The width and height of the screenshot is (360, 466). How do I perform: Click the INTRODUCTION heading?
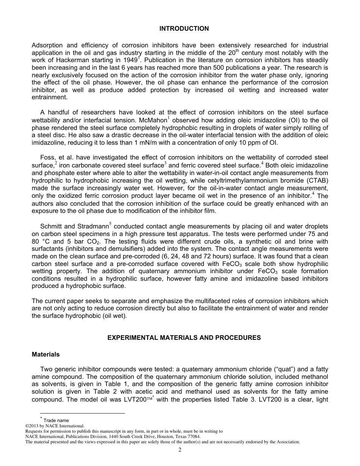pyautogui.click(x=184, y=29)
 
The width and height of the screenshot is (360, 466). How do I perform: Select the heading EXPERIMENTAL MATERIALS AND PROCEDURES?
pyautogui.click(x=184, y=338)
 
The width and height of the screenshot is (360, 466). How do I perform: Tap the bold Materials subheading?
pyautogui.click(x=45, y=355)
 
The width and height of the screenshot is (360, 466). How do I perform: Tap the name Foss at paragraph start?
pyautogui.click(x=47, y=157)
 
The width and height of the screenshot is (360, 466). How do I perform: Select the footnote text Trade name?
pyautogui.click(x=56, y=420)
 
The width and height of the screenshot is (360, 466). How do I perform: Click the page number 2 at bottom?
pyautogui.click(x=180, y=450)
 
